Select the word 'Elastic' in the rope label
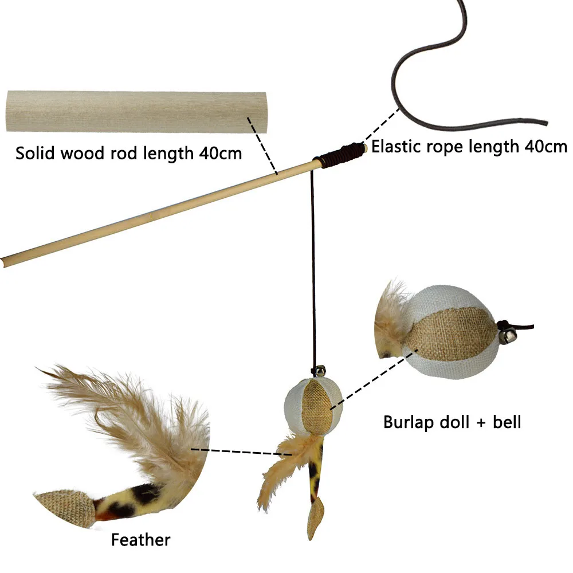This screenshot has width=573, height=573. coord(395,146)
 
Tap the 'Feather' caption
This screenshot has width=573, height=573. coord(140,540)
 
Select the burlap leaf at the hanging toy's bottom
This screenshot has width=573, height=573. coord(314,519)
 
